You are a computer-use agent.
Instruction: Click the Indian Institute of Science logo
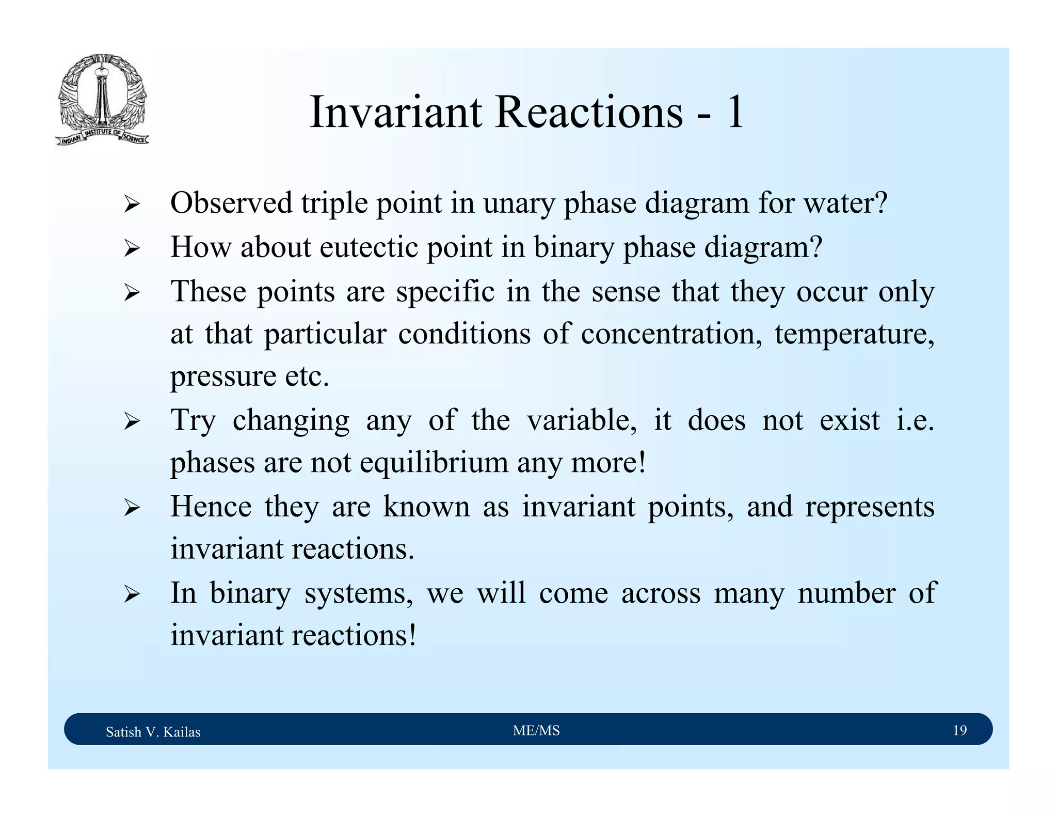(102, 100)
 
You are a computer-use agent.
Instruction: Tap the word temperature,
(854, 335)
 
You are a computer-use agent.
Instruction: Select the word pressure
(223, 377)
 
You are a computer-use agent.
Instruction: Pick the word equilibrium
(434, 463)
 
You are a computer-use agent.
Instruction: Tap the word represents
(870, 507)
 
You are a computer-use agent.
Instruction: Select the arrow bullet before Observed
(132, 205)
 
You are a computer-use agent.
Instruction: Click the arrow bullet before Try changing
(132, 422)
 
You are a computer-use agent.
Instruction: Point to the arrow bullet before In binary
(132, 595)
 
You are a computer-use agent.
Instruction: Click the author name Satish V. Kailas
(153, 732)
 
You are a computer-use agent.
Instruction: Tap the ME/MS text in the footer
(536, 730)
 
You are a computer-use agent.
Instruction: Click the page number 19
(959, 730)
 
